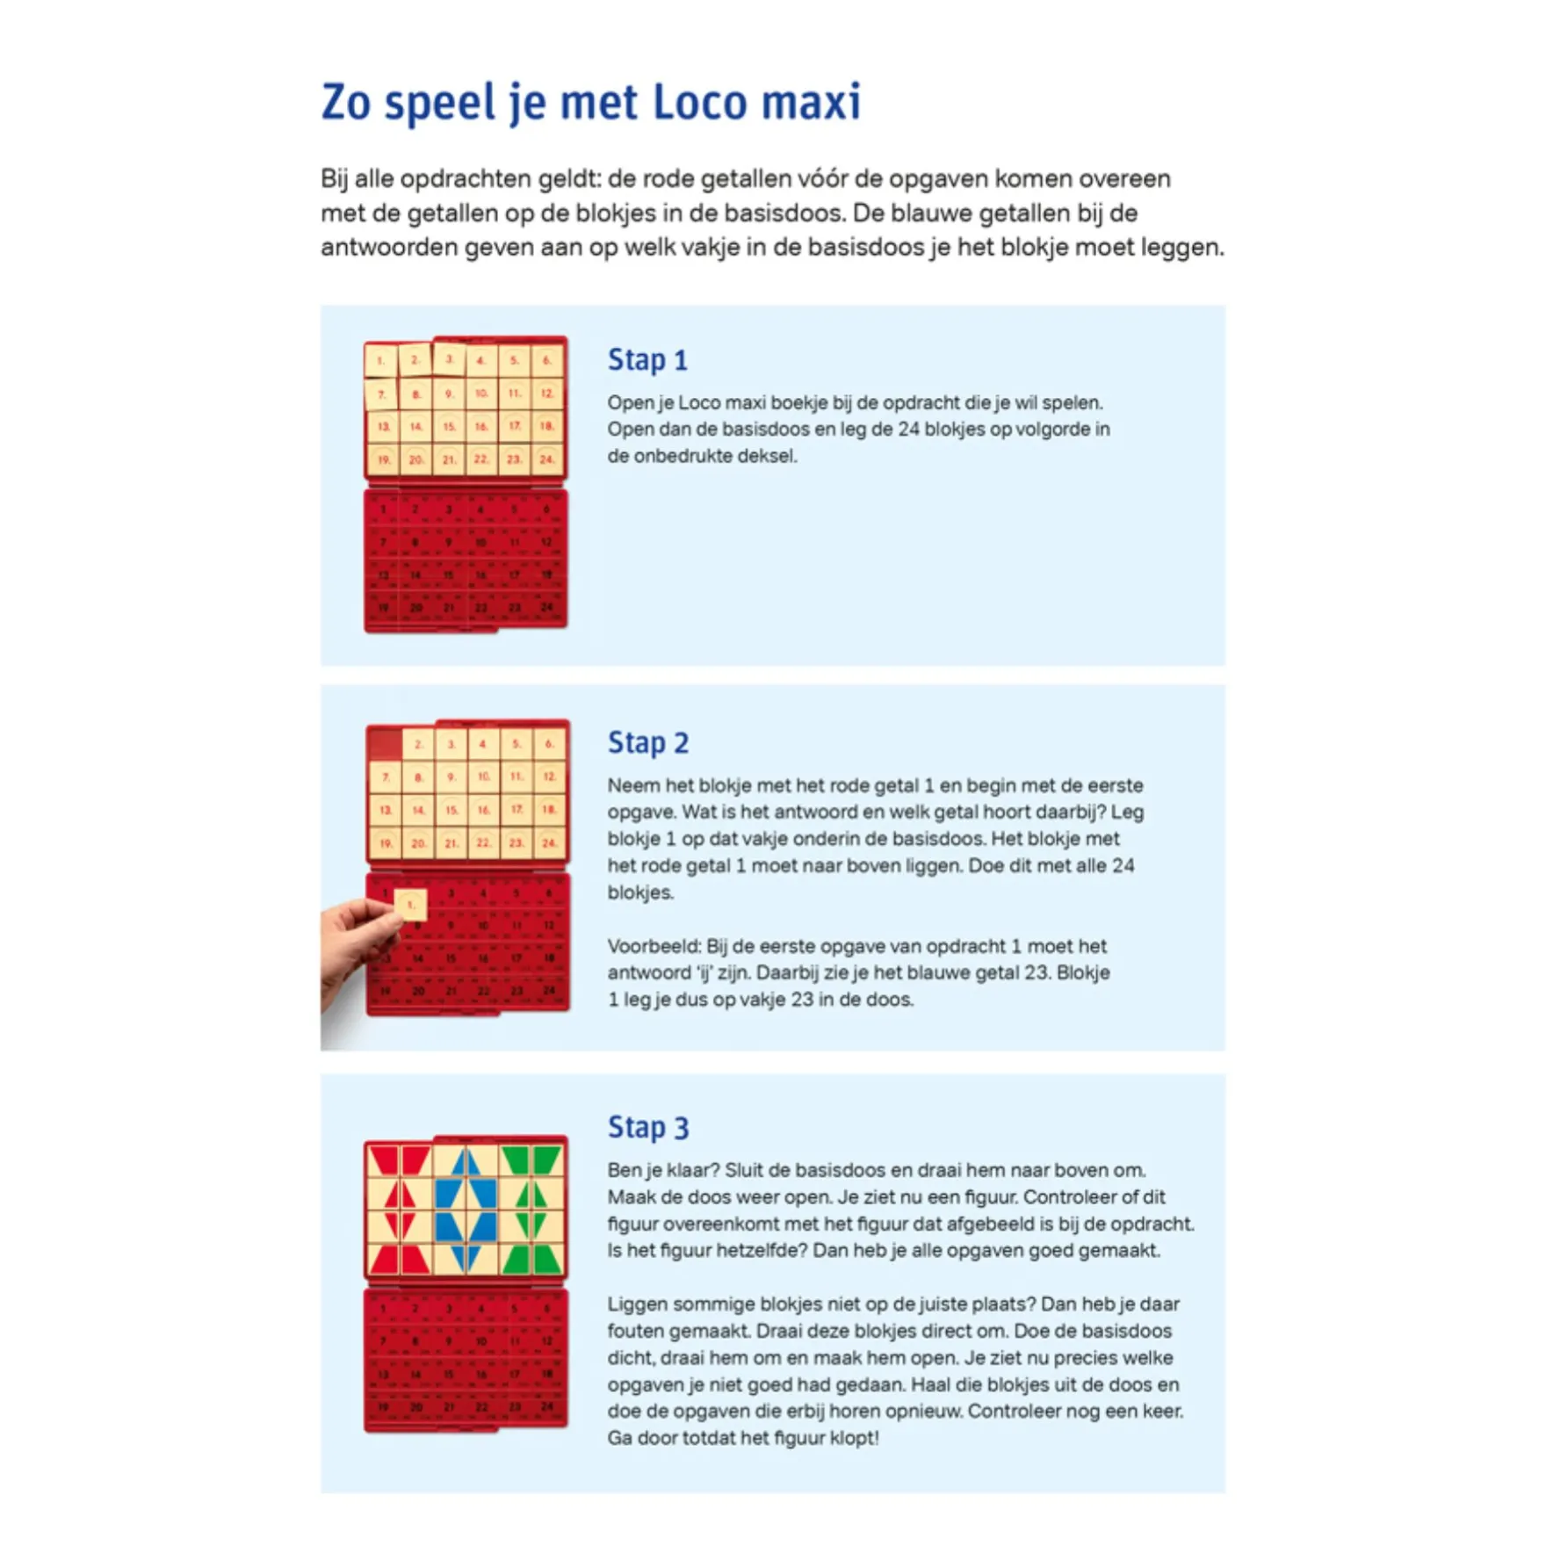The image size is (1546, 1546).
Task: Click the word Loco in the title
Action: click(x=699, y=103)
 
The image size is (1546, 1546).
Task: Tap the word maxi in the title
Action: click(x=810, y=103)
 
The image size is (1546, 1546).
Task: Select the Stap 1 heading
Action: click(x=647, y=360)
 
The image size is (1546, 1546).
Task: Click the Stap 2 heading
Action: click(x=648, y=743)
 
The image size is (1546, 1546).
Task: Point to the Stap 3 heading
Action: click(x=648, y=1127)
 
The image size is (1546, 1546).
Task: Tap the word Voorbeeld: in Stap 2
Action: click(x=654, y=946)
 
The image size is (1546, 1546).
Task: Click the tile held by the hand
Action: click(x=410, y=904)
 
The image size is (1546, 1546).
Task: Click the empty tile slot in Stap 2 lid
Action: click(x=385, y=744)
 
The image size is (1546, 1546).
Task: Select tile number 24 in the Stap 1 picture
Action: click(x=547, y=459)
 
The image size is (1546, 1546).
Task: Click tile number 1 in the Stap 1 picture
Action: click(x=381, y=360)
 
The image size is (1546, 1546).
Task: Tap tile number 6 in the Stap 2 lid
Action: click(x=549, y=744)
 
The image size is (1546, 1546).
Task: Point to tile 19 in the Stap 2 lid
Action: click(x=386, y=843)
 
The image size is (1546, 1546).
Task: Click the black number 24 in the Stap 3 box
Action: click(x=547, y=1407)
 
